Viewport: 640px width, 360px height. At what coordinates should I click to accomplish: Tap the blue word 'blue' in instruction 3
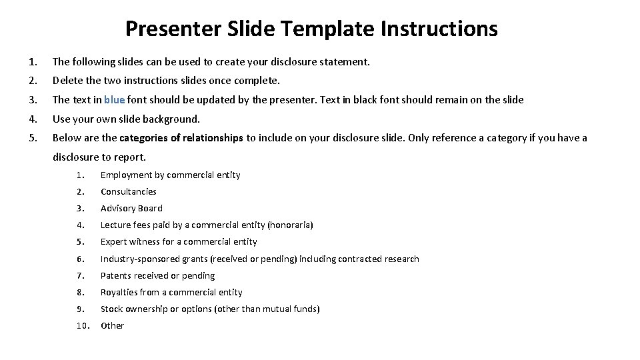[x=115, y=100]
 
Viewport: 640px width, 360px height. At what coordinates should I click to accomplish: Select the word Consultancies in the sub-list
[x=128, y=191]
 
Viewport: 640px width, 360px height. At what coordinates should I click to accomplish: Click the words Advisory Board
[x=131, y=208]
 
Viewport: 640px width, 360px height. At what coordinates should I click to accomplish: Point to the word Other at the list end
[x=112, y=325]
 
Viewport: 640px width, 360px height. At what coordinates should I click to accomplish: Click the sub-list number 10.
[x=82, y=325]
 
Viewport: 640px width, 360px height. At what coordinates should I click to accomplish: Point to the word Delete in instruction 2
[x=67, y=81]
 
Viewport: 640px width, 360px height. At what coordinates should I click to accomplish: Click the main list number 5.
[x=33, y=138]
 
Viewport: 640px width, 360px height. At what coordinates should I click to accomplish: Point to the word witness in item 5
[x=145, y=241]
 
